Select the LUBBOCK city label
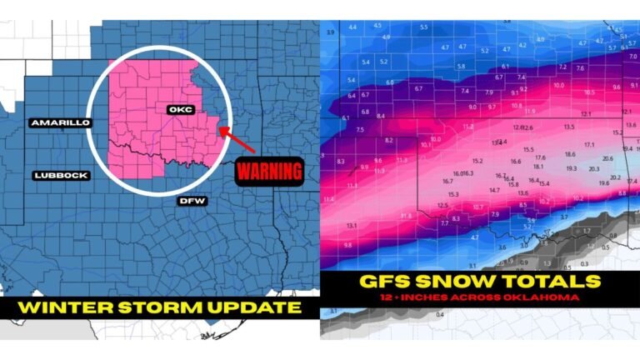pyautogui.click(x=61, y=175)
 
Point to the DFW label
pyautogui.click(x=191, y=200)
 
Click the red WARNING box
pyautogui.click(x=267, y=173)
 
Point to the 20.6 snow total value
pyautogui.click(x=607, y=158)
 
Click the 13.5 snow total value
pyautogui.click(x=569, y=127)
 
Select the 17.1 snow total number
pyautogui.click(x=589, y=145)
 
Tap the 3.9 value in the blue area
pyautogui.click(x=330, y=32)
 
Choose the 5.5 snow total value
pyautogui.click(x=424, y=27)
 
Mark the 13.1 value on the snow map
pyautogui.click(x=352, y=226)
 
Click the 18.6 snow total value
pyautogui.click(x=570, y=154)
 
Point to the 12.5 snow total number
pyautogui.click(x=442, y=205)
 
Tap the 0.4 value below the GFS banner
pyautogui.click(x=439, y=315)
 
